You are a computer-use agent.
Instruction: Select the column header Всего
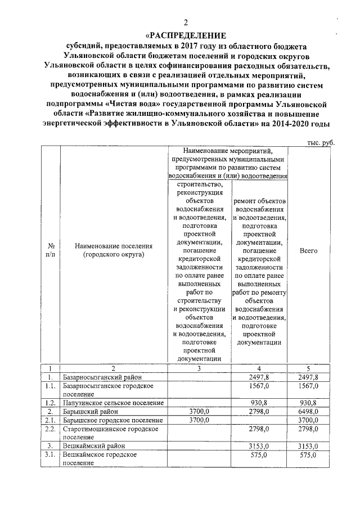click(x=308, y=250)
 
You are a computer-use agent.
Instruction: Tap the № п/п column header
click(x=50, y=250)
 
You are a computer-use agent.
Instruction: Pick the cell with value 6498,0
click(x=308, y=412)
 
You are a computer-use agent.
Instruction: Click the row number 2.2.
click(x=51, y=429)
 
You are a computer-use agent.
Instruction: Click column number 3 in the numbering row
click(x=200, y=368)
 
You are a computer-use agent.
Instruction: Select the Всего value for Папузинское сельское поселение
click(x=308, y=403)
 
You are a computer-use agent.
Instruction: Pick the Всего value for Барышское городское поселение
click(x=308, y=420)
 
